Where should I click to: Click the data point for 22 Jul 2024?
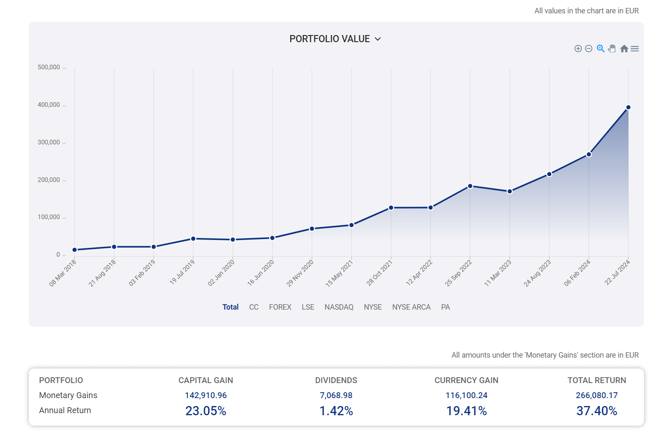click(x=628, y=107)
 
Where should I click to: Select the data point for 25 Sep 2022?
click(x=470, y=186)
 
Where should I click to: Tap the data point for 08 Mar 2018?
click(x=75, y=250)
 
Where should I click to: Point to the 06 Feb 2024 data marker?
click(x=589, y=154)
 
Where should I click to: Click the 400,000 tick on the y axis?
click(x=49, y=105)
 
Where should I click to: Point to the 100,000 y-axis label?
click(x=49, y=217)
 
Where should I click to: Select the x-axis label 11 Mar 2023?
click(x=498, y=273)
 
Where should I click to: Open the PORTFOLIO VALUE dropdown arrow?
click(x=378, y=39)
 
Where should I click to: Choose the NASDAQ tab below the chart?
click(x=339, y=307)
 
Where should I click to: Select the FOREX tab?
click(x=280, y=307)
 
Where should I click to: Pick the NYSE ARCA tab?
click(x=411, y=307)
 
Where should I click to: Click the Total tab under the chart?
click(x=230, y=307)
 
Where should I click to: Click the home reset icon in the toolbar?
click(x=624, y=49)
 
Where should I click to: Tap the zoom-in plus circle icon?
click(x=578, y=49)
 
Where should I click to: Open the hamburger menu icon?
click(x=635, y=49)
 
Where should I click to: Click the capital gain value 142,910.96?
click(x=206, y=395)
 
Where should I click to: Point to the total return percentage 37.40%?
click(x=596, y=411)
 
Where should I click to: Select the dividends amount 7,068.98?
click(x=336, y=395)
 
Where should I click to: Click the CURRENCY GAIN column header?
click(x=466, y=380)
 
